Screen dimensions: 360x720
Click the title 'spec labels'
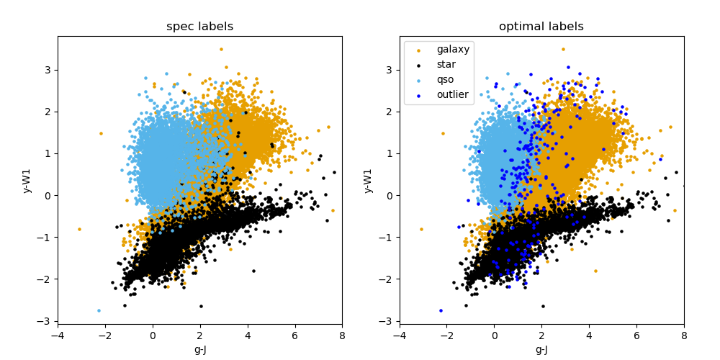click(199, 27)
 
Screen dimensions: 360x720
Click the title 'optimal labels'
click(541, 27)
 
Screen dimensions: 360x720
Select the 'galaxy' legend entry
click(452, 50)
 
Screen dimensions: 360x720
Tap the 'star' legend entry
click(446, 65)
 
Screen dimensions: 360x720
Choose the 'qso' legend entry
click(445, 79)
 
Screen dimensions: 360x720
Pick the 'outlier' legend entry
click(452, 94)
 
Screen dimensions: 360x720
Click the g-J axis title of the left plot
click(199, 350)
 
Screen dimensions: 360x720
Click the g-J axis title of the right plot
click(541, 350)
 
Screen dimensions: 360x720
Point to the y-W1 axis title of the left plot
click(27, 180)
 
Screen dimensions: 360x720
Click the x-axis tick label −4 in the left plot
click(58, 336)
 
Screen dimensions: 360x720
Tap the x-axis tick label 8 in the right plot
click(684, 336)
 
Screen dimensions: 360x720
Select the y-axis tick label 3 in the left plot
click(48, 70)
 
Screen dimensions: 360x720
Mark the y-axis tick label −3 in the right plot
click(387, 321)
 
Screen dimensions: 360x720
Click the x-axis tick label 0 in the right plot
click(495, 336)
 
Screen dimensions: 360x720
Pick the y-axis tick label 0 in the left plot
click(48, 195)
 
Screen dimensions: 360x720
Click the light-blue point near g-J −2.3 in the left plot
click(99, 310)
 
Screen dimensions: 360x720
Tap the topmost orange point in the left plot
click(221, 49)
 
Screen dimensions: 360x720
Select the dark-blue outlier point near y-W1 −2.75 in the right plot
click(441, 310)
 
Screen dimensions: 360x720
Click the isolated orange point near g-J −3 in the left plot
click(79, 229)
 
